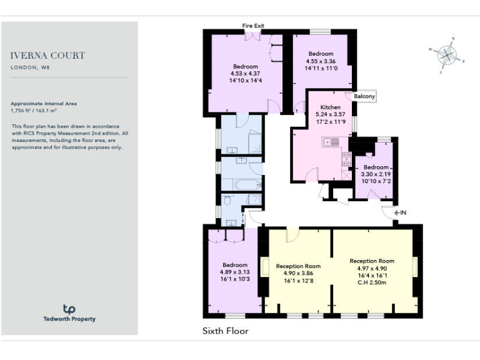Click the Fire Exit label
coord(253,26)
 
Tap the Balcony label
coord(364,96)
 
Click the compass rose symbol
coord(447,55)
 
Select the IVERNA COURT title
coord(48,56)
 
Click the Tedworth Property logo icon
coord(69,309)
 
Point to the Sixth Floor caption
coord(225,331)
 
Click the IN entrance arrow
coord(400,213)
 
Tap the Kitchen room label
coord(331,107)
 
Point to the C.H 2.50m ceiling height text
coord(372,282)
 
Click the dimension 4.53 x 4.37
coord(245,74)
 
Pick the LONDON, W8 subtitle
coord(30,67)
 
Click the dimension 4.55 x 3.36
coord(321,61)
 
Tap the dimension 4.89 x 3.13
coord(234,272)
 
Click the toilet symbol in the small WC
coord(227,200)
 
